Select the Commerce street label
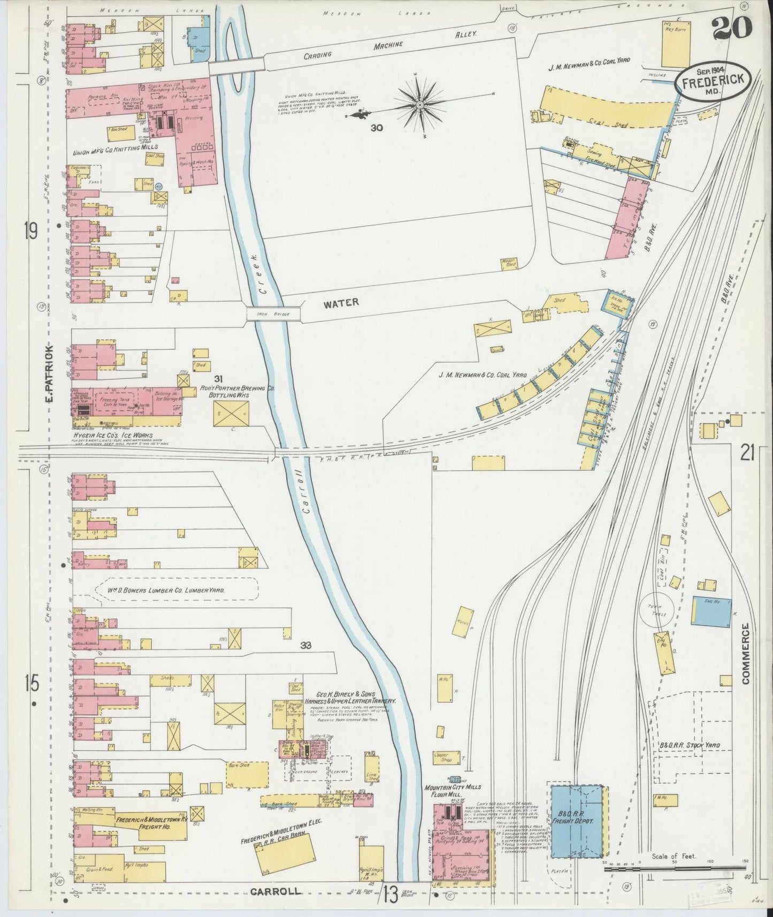point(747,654)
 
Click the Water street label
point(340,303)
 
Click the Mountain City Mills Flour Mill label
point(453,791)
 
